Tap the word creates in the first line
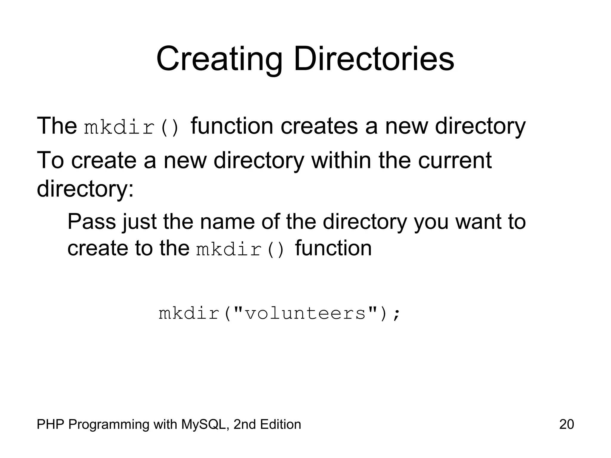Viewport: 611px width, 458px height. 319,126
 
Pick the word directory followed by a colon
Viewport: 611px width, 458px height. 85,189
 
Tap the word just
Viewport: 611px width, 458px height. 139,222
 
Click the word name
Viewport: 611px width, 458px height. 227,222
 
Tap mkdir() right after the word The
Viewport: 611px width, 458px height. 132,127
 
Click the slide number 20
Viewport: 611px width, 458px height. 566,424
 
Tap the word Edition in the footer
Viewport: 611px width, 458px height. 280,424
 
